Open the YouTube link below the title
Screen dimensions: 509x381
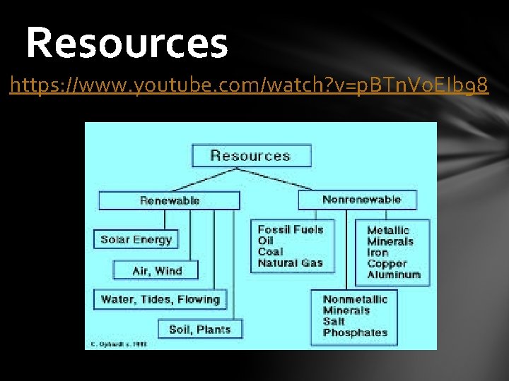click(249, 86)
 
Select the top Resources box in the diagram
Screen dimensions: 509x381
click(250, 156)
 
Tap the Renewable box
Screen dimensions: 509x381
click(170, 200)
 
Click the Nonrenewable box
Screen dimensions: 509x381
click(361, 200)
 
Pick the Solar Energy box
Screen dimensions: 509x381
click(136, 239)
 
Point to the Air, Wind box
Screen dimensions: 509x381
click(157, 270)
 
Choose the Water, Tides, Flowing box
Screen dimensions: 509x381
click(160, 299)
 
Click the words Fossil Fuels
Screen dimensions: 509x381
click(290, 229)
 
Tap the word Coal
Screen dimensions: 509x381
click(270, 252)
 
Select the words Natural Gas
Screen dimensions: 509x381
click(290, 263)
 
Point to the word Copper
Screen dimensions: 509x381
click(387, 264)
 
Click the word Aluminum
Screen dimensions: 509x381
click(394, 275)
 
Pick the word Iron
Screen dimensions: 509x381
click(378, 253)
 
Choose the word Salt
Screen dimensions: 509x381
click(334, 322)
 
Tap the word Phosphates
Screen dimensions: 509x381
click(355, 333)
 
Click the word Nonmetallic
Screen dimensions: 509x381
click(355, 299)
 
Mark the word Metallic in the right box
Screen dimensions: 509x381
click(388, 230)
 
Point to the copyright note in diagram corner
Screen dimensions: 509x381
click(117, 345)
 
